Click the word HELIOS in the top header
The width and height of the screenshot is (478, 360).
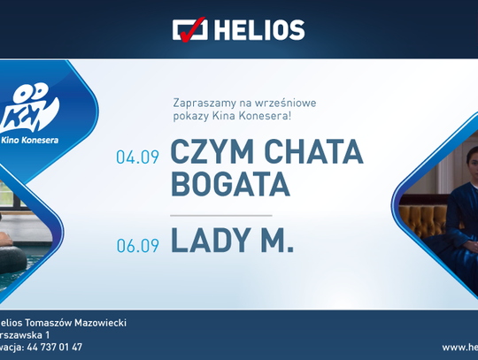click(257, 30)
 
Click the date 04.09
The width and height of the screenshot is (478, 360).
click(136, 157)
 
